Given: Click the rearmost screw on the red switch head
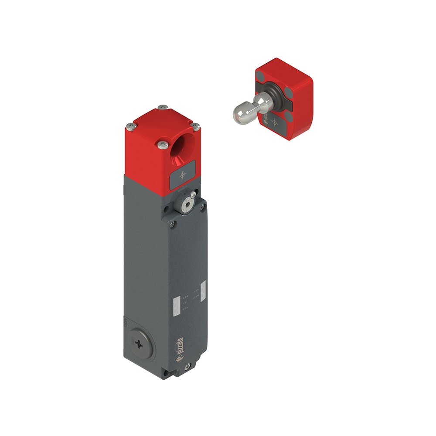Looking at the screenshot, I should click(x=163, y=107).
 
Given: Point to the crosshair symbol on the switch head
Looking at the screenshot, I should click(x=182, y=175).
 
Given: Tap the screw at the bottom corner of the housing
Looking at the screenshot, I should click(x=187, y=367).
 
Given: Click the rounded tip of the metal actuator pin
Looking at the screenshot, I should click(x=238, y=114).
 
